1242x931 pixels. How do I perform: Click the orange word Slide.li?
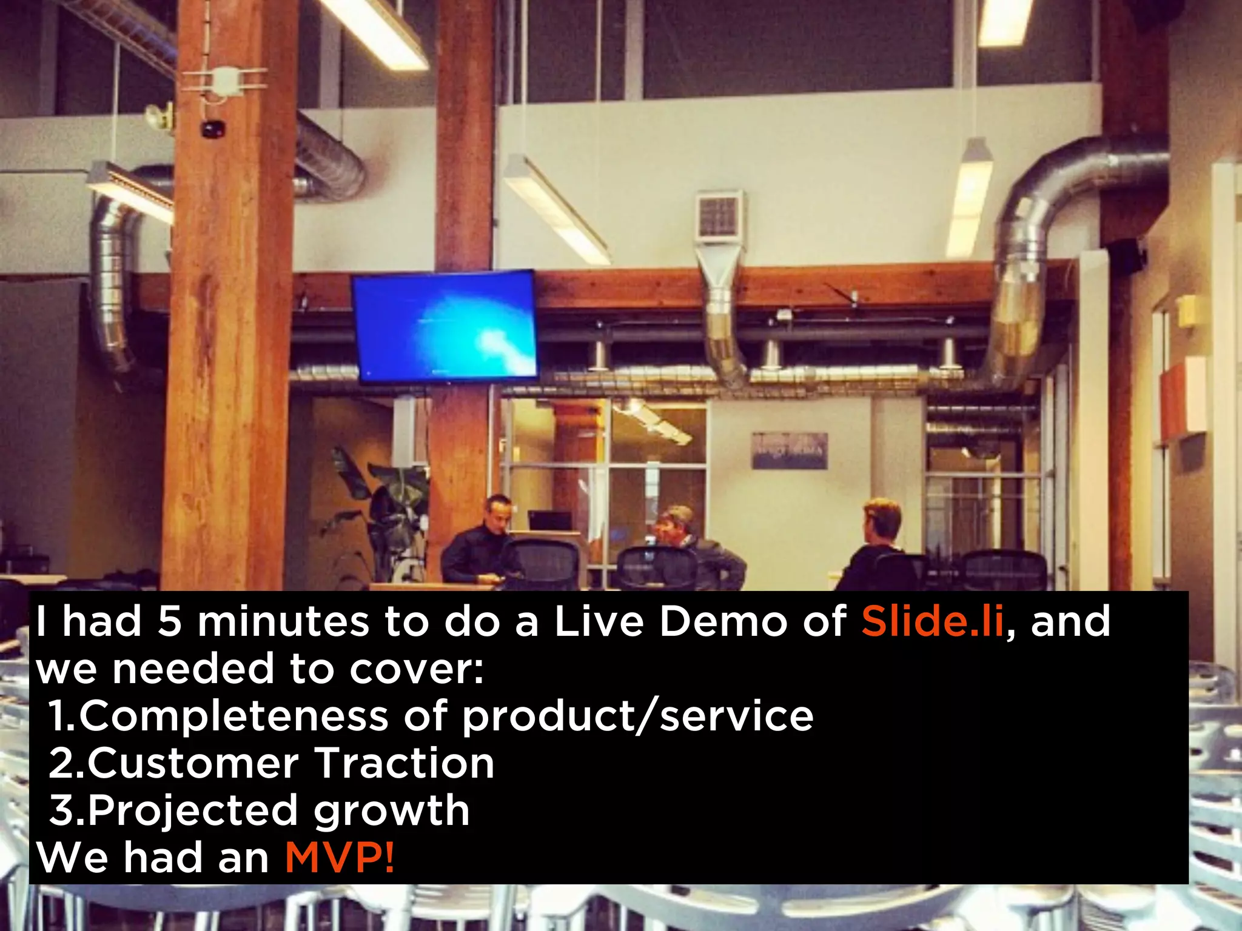[933, 622]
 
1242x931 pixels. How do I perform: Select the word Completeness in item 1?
[234, 716]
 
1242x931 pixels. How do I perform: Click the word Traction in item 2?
[404, 763]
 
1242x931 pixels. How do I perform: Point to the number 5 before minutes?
[170, 622]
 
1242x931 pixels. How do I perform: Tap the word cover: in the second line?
[417, 669]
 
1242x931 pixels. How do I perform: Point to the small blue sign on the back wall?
[790, 450]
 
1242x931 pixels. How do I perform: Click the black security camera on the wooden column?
[213, 129]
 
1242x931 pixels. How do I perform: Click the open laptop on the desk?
[550, 521]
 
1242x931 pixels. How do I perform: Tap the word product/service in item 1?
[637, 716]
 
